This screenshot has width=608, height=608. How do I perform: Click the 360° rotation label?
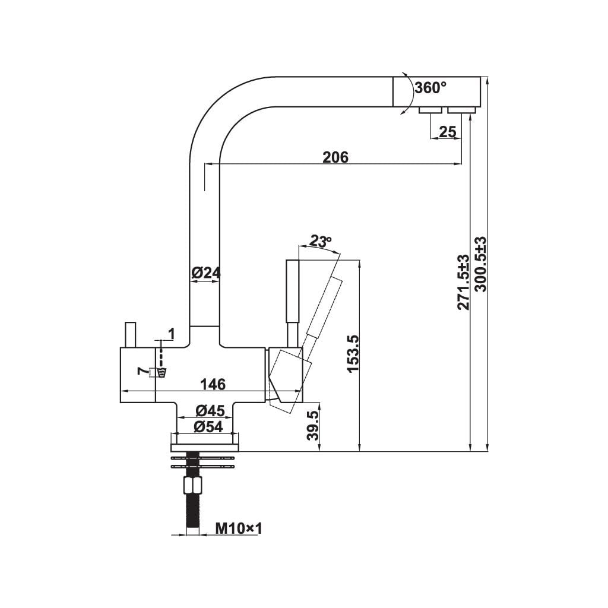click(430, 88)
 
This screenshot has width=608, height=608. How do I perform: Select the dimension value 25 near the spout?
click(448, 132)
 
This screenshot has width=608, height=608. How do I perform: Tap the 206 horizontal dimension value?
click(335, 157)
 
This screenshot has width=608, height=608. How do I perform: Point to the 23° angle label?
click(320, 242)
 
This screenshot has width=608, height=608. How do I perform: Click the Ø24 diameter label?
click(206, 273)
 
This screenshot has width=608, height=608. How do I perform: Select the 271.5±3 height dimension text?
click(464, 282)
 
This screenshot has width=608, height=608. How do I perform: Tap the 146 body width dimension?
click(213, 385)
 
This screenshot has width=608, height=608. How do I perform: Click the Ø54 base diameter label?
click(207, 426)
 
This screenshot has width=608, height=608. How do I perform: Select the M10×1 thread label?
click(237, 527)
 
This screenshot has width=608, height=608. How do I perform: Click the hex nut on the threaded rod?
click(192, 486)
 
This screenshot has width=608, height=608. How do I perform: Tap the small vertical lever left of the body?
click(130, 335)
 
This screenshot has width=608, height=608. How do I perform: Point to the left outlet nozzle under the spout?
click(429, 110)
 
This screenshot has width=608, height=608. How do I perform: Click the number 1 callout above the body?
click(171, 334)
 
